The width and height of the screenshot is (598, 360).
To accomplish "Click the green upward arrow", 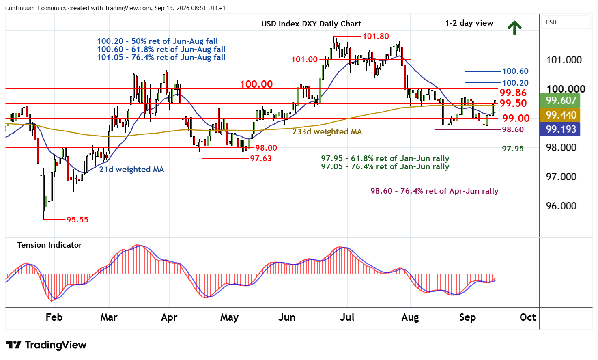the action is pyautogui.click(x=514, y=28).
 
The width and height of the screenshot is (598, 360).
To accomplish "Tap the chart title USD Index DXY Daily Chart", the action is pyautogui.click(x=311, y=24).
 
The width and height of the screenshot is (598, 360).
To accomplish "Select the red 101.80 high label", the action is pyautogui.click(x=376, y=36).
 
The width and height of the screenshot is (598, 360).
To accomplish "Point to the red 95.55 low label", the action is pyautogui.click(x=77, y=220).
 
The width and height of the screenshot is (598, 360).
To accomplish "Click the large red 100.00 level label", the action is pyautogui.click(x=256, y=84).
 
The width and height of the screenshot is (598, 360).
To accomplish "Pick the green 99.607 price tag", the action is pyautogui.click(x=560, y=100).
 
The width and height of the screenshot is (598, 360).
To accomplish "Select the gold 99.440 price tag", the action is pyautogui.click(x=560, y=115).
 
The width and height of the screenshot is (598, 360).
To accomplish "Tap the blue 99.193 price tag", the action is pyautogui.click(x=560, y=129).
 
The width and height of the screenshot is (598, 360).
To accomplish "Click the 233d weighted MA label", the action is pyautogui.click(x=327, y=131).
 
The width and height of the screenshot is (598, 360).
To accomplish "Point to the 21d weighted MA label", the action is pyautogui.click(x=131, y=169).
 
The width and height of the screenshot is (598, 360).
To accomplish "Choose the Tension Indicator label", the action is pyautogui.click(x=49, y=245).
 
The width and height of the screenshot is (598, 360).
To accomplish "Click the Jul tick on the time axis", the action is pyautogui.click(x=347, y=317).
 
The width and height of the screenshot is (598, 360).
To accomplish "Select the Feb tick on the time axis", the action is pyautogui.click(x=54, y=317).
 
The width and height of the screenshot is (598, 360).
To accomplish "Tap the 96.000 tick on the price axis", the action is pyautogui.click(x=561, y=206).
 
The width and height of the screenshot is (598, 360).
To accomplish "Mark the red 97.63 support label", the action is pyautogui.click(x=260, y=158).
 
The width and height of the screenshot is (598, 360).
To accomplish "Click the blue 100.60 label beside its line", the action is pyautogui.click(x=515, y=71).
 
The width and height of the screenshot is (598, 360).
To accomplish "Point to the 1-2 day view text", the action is pyautogui.click(x=469, y=23).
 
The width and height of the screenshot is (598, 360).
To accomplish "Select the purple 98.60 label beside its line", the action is pyautogui.click(x=513, y=129).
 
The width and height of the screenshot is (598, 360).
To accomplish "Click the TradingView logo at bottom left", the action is pyautogui.click(x=46, y=345).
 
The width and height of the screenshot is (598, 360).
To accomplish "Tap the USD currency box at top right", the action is pyautogui.click(x=566, y=22).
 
